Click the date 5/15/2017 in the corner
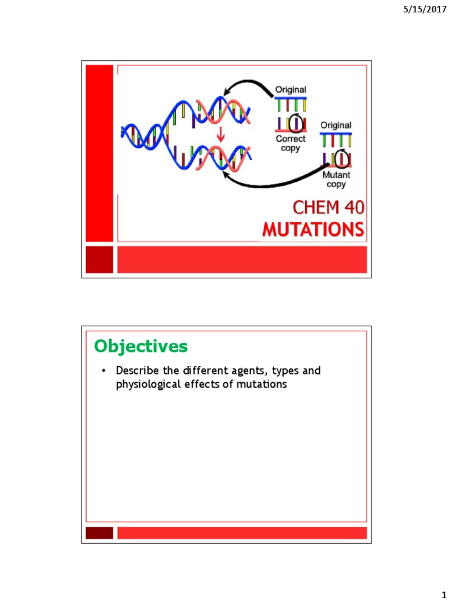pos(425,9)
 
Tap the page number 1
pos(444,595)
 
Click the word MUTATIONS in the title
pos(313,229)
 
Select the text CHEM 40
pos(328,207)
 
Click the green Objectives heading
pos(141,346)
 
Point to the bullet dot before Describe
pos(103,371)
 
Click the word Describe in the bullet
pos(137,370)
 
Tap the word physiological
pos(148,385)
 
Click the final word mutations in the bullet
pos(261,384)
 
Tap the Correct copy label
pos(290,143)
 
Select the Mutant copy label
pos(336,179)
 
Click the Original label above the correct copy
pos(290,90)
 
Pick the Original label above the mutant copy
pos(336,125)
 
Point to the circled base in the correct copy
pos(296,123)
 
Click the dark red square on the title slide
pos(99,260)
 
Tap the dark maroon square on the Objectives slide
pos(99,533)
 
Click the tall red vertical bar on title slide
pos(99,153)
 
